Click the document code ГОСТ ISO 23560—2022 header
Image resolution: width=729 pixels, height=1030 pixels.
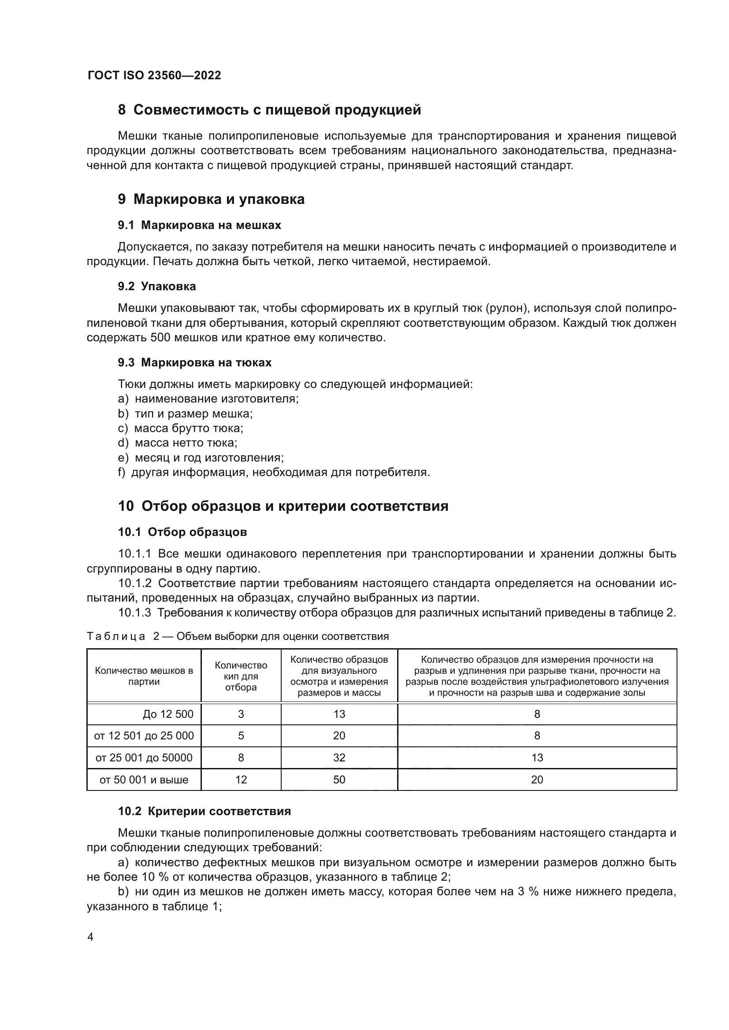click(x=154, y=75)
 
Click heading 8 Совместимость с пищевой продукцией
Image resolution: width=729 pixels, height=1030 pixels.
click(x=269, y=110)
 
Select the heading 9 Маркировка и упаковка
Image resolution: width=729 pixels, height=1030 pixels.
click(x=211, y=199)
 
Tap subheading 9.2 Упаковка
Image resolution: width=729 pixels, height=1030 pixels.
click(x=156, y=286)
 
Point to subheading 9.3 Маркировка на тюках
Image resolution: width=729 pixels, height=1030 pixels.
click(x=194, y=362)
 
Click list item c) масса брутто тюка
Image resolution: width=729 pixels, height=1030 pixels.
click(x=180, y=428)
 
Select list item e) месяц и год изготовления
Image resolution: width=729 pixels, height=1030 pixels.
click(x=201, y=458)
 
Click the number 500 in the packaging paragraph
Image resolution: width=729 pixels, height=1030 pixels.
click(x=160, y=337)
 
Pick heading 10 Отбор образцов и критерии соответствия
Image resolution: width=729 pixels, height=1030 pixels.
click(x=283, y=506)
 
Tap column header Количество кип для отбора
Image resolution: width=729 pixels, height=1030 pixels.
click(x=241, y=676)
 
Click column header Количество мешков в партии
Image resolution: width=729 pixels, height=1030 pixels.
click(x=144, y=676)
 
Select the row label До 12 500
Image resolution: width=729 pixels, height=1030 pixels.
click(x=168, y=714)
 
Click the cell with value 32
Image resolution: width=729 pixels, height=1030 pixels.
click(x=339, y=758)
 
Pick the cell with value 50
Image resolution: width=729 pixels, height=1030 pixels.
click(x=339, y=780)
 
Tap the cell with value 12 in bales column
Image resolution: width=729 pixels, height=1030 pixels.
click(x=241, y=780)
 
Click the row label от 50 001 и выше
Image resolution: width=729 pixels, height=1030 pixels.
click(x=144, y=780)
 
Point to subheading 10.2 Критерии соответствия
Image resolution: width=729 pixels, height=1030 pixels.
click(x=204, y=811)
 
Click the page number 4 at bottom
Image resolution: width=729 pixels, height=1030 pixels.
click(x=90, y=937)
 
